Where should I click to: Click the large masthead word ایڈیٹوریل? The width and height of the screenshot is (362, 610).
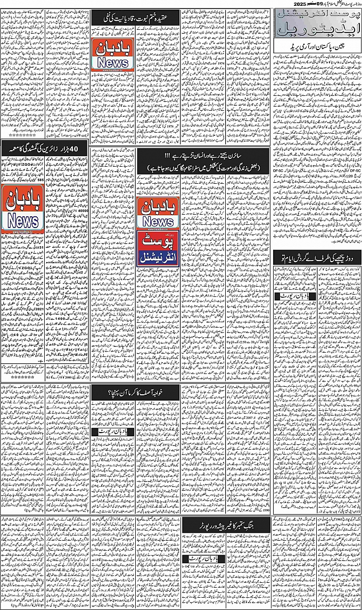pos(317,35)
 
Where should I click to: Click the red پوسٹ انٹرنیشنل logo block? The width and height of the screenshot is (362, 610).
pos(158,250)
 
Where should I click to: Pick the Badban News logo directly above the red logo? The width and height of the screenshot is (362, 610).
pos(158,213)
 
